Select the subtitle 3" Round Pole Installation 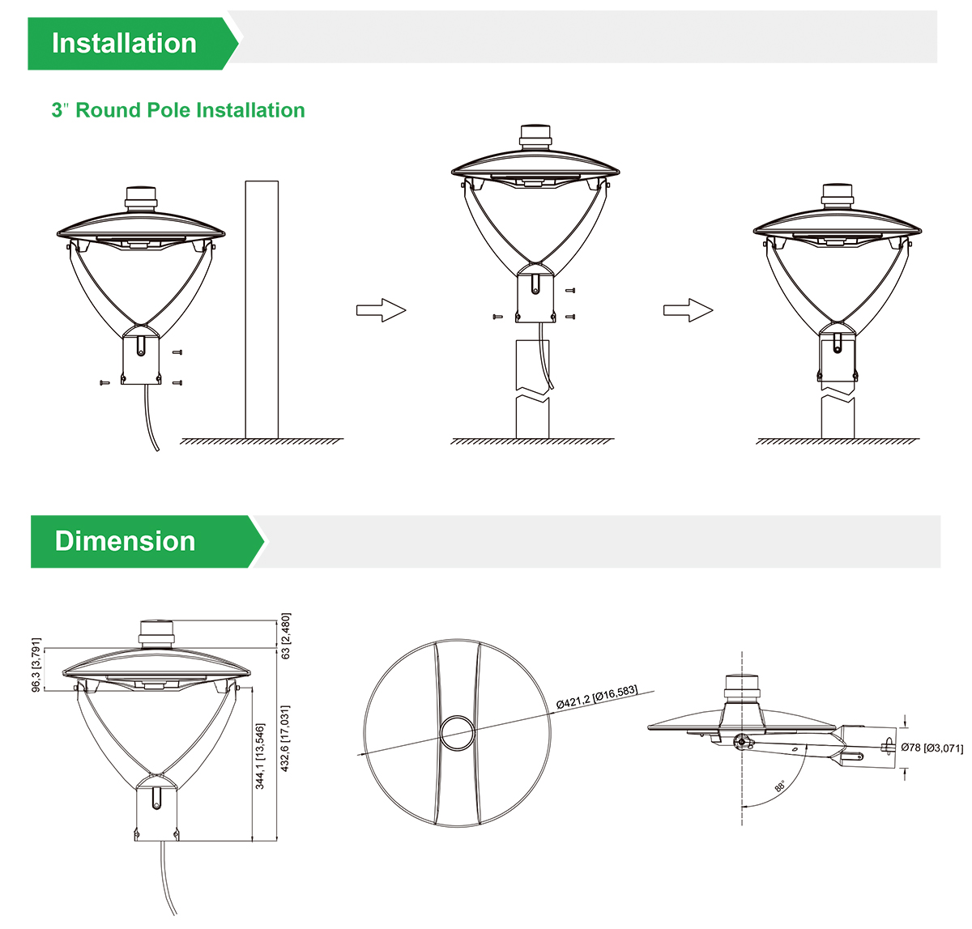point(178,110)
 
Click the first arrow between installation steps point(380,309)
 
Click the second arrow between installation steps point(688,309)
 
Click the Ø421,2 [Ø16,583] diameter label point(597,697)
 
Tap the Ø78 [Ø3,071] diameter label point(932,748)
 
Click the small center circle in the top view point(459,733)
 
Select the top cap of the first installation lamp point(141,198)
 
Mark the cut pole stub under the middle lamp point(532,389)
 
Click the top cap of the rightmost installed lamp point(837,195)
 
